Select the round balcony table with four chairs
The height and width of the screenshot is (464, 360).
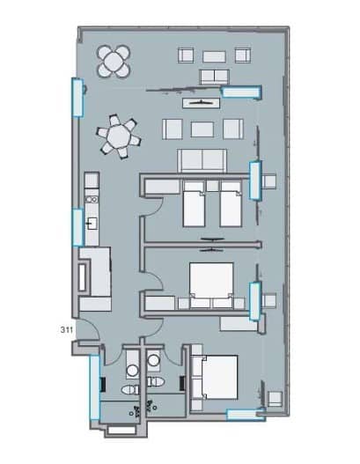(x=115, y=62)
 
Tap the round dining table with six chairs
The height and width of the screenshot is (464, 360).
(x=117, y=137)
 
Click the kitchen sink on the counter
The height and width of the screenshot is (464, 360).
(x=92, y=224)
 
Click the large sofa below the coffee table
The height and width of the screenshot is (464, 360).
(x=203, y=159)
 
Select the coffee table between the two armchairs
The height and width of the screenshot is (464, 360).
(x=202, y=129)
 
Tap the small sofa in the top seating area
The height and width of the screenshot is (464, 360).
(x=211, y=77)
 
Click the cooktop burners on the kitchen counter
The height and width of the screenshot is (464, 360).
(x=91, y=188)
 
